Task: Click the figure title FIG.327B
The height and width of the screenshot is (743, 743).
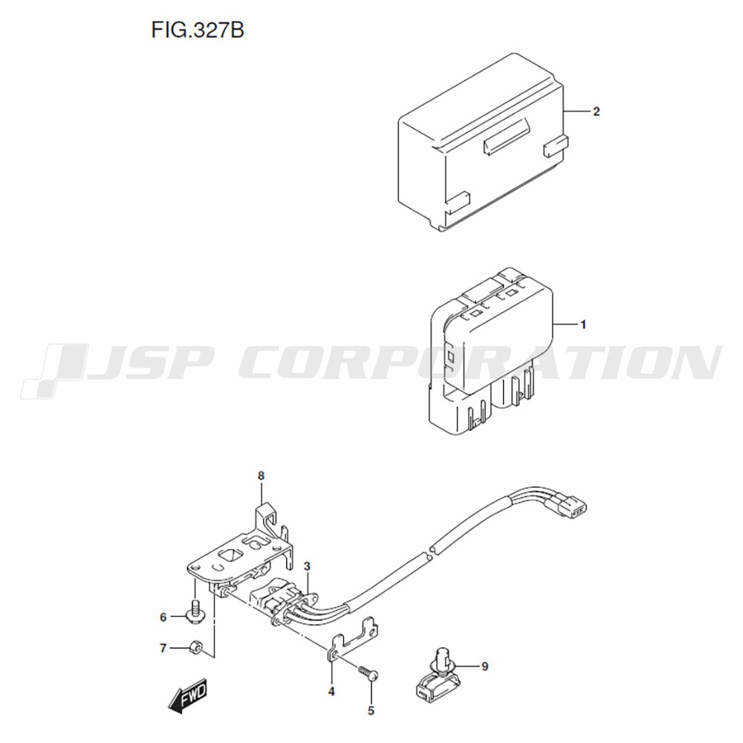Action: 198,30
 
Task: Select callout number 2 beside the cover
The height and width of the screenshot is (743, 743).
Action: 596,111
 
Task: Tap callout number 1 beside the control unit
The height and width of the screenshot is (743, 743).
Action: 583,325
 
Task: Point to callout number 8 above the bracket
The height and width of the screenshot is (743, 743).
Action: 261,476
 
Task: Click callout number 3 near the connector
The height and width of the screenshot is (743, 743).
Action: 307,565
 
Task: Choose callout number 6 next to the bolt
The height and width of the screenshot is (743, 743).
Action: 163,617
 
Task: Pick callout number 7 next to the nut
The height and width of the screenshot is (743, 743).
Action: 163,648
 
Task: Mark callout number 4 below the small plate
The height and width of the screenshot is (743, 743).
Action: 331,691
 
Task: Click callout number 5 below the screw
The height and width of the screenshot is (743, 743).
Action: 371,710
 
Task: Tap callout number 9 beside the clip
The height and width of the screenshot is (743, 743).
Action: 484,666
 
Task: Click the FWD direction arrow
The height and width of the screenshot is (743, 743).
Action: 188,695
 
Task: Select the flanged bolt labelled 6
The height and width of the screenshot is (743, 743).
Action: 195,611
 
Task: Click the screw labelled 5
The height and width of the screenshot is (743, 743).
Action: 369,672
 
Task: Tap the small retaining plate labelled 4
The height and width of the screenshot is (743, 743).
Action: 353,639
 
